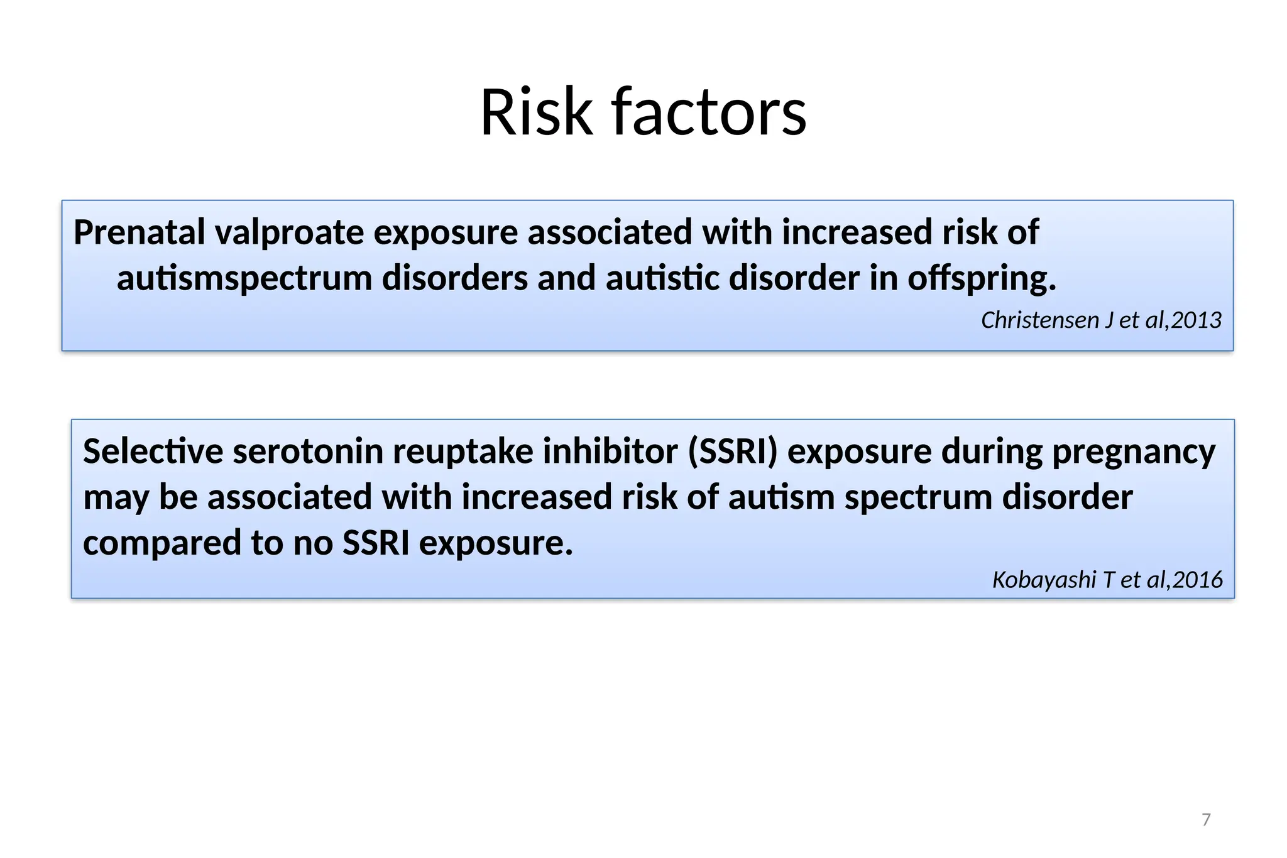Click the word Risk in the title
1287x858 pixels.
[x=536, y=112]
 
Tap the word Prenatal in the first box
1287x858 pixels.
[x=140, y=232]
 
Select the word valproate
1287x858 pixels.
[x=289, y=233]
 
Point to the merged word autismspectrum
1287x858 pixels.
[x=244, y=278]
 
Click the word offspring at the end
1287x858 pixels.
[x=982, y=278]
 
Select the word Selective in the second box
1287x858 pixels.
[x=153, y=451]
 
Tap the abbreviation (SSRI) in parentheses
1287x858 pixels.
[x=733, y=451]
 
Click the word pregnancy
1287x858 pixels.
[x=1134, y=452]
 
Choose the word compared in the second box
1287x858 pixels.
[x=162, y=543]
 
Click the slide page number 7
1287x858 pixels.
[x=1206, y=820]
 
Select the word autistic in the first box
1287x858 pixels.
[x=662, y=278]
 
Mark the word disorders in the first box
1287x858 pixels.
[x=455, y=278]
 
